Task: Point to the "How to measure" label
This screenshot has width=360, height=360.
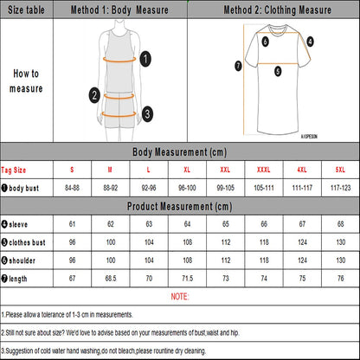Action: click(x=26, y=81)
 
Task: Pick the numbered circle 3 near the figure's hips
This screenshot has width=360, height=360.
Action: click(x=148, y=112)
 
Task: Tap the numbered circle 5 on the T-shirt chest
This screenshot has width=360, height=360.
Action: click(x=277, y=73)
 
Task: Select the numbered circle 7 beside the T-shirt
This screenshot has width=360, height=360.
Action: click(x=238, y=65)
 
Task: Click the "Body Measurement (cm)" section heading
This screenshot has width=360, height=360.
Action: click(x=180, y=151)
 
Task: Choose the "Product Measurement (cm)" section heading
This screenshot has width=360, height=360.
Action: click(x=180, y=207)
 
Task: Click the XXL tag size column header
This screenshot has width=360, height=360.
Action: click(x=226, y=170)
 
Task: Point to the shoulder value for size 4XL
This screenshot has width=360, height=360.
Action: click(x=300, y=260)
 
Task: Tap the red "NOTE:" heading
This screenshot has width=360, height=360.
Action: click(x=180, y=297)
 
